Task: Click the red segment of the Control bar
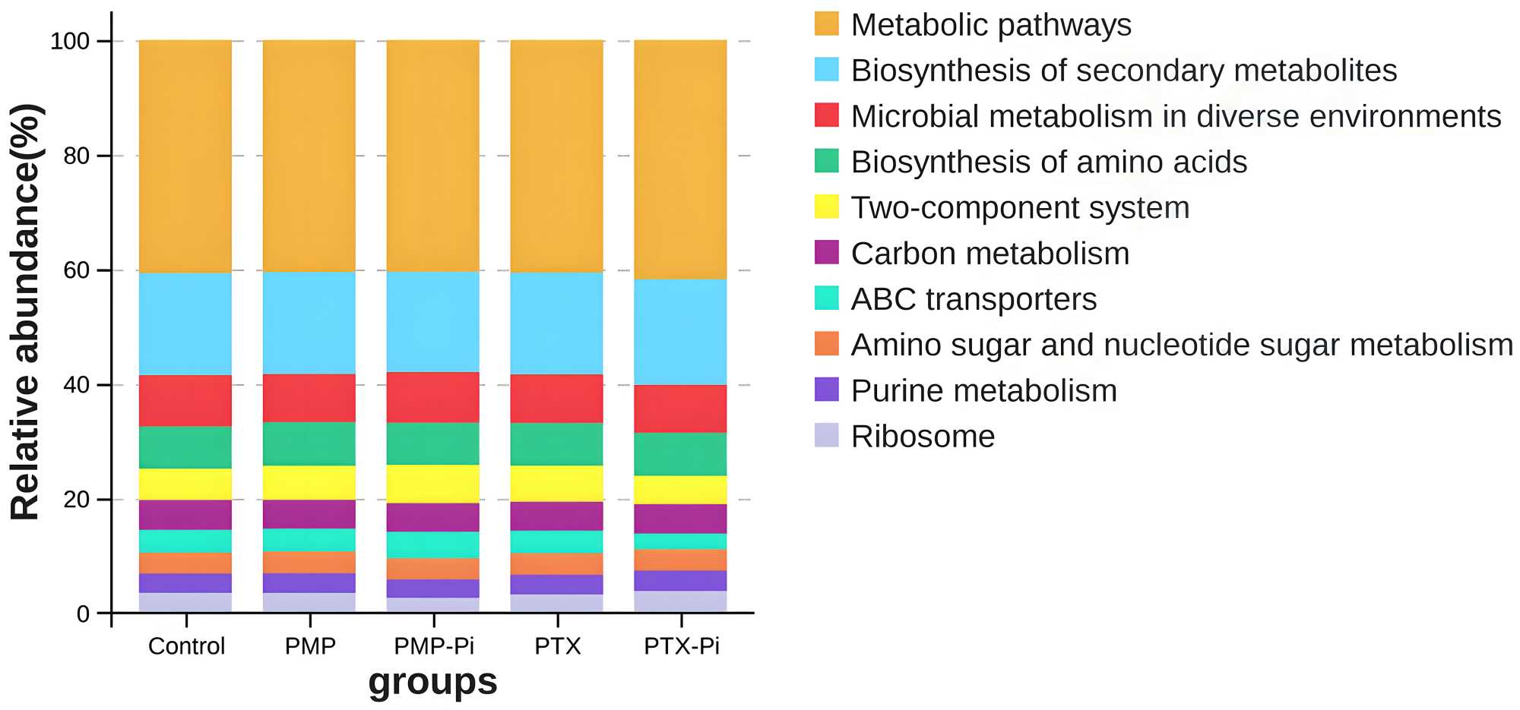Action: pos(185,400)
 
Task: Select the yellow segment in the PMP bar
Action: pos(309,482)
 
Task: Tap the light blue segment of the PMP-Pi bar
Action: pos(433,321)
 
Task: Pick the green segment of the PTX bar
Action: pos(557,443)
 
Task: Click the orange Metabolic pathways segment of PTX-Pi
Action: pos(680,159)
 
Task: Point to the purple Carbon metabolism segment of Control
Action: pos(185,514)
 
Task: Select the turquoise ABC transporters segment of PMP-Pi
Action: pos(433,544)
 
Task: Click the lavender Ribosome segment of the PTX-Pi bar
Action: pos(680,601)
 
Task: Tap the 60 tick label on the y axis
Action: pos(76,270)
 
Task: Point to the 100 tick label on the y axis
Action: pos(70,41)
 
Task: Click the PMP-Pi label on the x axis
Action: pos(433,646)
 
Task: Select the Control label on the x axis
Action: pos(186,646)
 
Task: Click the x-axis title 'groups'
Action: pos(432,681)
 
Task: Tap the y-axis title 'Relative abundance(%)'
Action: pos(26,311)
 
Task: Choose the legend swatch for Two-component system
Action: pos(826,207)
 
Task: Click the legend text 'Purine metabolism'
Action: pos(983,391)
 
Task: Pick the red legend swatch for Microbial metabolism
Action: pos(826,115)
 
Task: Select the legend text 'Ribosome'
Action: pos(923,437)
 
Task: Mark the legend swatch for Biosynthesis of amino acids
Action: pos(826,161)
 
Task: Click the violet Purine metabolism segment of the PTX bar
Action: pos(557,584)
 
